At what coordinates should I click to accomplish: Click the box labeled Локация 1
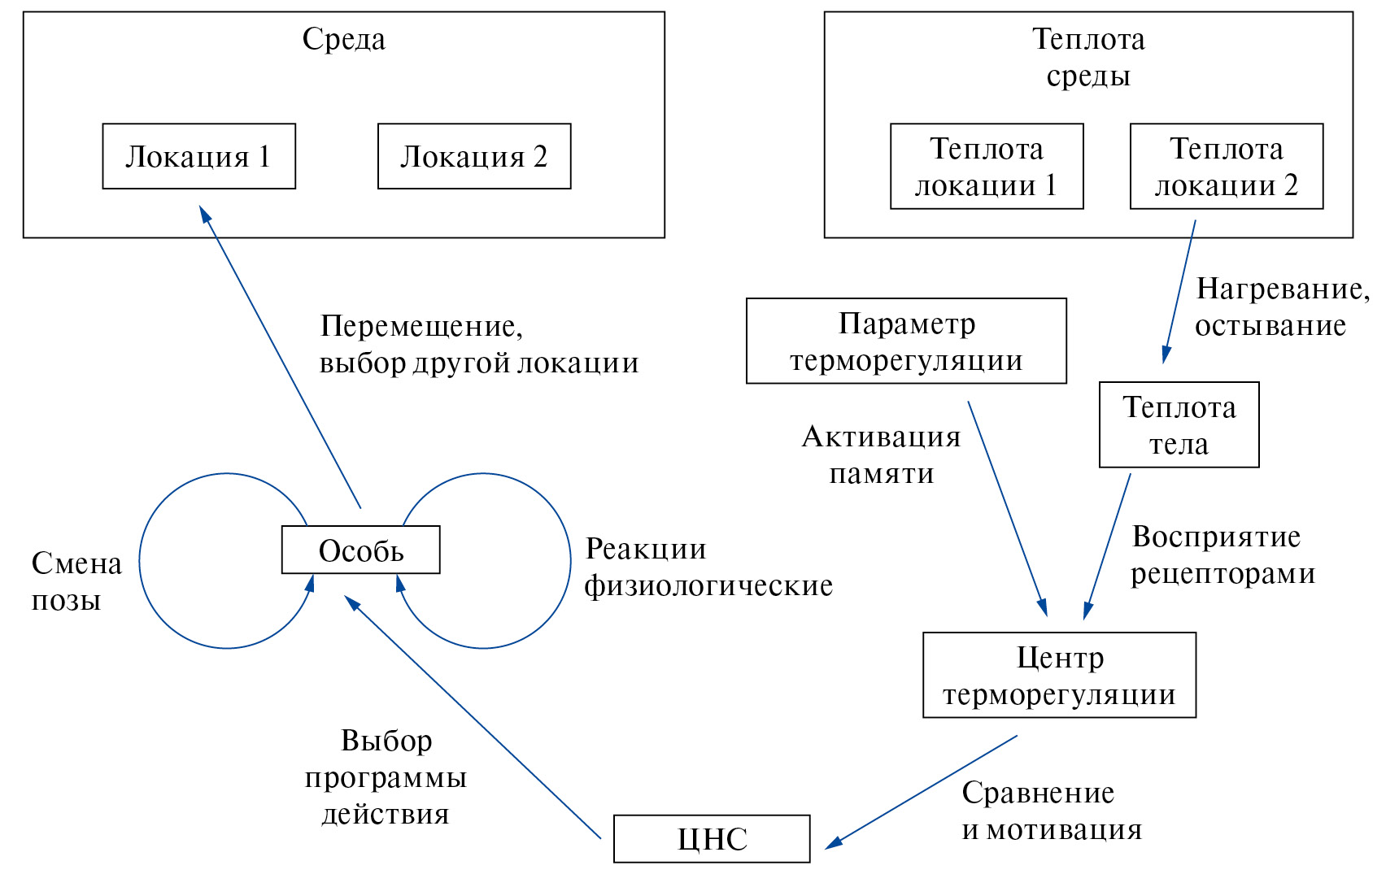pyautogui.click(x=198, y=156)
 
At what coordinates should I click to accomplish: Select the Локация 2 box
pyautogui.click(x=474, y=156)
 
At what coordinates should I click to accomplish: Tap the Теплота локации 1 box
pyautogui.click(x=987, y=167)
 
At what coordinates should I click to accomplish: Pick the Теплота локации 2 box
pyautogui.click(x=1227, y=167)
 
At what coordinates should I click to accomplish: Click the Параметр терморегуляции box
pyautogui.click(x=906, y=341)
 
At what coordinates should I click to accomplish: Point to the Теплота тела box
pyautogui.click(x=1179, y=424)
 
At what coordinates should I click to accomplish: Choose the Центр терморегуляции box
pyautogui.click(x=1059, y=675)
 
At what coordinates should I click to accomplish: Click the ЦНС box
pyautogui.click(x=712, y=838)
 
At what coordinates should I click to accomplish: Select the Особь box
pyautogui.click(x=360, y=550)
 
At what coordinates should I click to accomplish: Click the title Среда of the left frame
pyautogui.click(x=343, y=39)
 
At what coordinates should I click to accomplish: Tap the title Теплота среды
pyautogui.click(x=1088, y=57)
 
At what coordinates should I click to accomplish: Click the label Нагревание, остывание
pyautogui.click(x=1281, y=307)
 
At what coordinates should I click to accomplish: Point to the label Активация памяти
pyautogui.click(x=882, y=454)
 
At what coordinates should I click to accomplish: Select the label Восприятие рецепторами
pyautogui.click(x=1222, y=554)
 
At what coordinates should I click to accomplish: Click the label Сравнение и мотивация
pyautogui.click(x=1051, y=811)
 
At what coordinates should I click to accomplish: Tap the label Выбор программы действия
pyautogui.click(x=386, y=776)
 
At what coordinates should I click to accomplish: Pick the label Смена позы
pyautogui.click(x=76, y=581)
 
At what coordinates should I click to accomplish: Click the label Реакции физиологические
pyautogui.click(x=708, y=567)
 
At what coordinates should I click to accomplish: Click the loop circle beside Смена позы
pyautogui.click(x=141, y=561)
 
